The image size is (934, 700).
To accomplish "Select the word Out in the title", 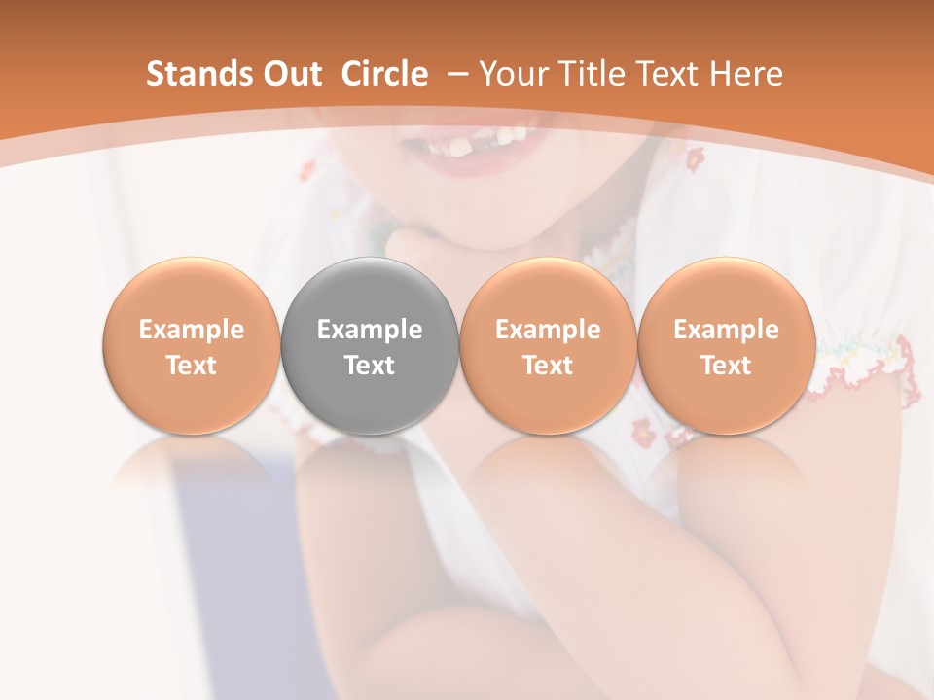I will point(289,74).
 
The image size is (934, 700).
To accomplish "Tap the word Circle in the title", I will point(384,74).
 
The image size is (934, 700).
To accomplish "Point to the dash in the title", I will point(457,74).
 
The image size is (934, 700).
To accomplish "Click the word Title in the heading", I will point(594,74).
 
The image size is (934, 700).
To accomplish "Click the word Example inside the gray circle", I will point(370,330).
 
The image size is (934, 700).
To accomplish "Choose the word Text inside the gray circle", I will point(370,366).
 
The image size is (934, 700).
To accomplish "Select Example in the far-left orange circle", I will point(192,330).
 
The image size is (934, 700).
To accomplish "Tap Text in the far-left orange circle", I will point(192,366).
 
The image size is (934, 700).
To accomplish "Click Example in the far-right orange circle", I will point(727,330).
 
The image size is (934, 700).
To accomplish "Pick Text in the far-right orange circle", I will point(727,366).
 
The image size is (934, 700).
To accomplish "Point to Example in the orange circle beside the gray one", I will point(548,330).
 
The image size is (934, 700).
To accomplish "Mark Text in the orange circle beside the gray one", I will point(548,366).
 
